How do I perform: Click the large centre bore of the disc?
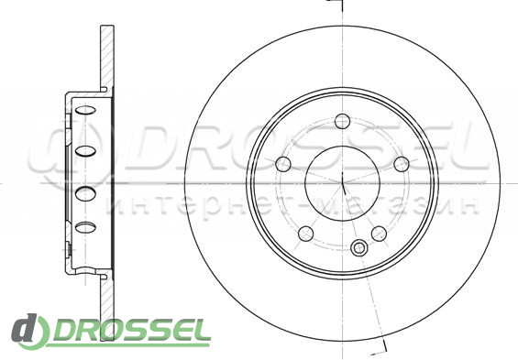click(343, 183)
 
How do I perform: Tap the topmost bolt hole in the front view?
click(343, 121)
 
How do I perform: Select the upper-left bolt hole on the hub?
click(283, 164)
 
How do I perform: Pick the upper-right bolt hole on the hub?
click(402, 164)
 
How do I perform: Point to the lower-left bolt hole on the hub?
click(306, 234)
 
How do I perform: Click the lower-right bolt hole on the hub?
click(380, 234)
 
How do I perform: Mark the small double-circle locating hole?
click(358, 247)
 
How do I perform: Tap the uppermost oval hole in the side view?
click(85, 111)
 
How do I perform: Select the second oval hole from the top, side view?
click(85, 151)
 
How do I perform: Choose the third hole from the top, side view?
click(85, 193)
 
